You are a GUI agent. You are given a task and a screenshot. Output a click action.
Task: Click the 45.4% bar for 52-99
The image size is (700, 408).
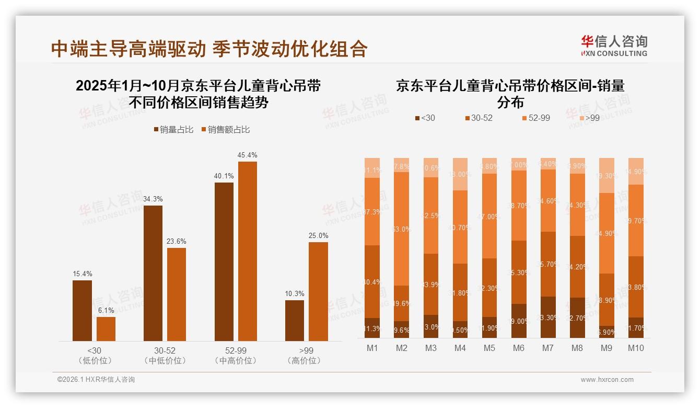(248, 251)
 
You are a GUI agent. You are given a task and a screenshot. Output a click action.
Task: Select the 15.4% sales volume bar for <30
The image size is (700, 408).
(82, 311)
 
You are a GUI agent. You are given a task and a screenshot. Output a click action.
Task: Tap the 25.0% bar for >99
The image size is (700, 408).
(318, 291)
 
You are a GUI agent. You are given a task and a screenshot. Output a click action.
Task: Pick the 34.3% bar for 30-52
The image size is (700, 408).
(153, 273)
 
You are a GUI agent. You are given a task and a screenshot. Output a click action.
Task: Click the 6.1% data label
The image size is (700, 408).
(106, 310)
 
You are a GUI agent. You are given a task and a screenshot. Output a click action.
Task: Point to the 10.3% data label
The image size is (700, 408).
(295, 293)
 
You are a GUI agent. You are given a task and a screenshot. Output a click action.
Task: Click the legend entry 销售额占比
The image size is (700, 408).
(225, 130)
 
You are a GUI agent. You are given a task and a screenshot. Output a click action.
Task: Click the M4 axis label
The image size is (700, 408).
(460, 348)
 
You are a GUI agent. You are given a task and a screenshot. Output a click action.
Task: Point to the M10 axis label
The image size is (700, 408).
(635, 348)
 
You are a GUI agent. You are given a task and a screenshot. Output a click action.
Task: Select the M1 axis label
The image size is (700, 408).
(372, 348)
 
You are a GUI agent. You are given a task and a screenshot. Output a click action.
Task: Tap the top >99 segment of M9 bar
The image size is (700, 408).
(606, 175)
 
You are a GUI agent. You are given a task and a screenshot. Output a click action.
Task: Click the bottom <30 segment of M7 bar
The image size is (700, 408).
(548, 317)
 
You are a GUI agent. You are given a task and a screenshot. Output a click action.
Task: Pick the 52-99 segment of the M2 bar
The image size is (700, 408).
(402, 229)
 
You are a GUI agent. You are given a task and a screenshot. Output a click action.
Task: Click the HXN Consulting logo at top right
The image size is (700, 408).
(614, 46)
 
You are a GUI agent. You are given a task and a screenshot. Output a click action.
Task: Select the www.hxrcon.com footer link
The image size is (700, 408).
(607, 380)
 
